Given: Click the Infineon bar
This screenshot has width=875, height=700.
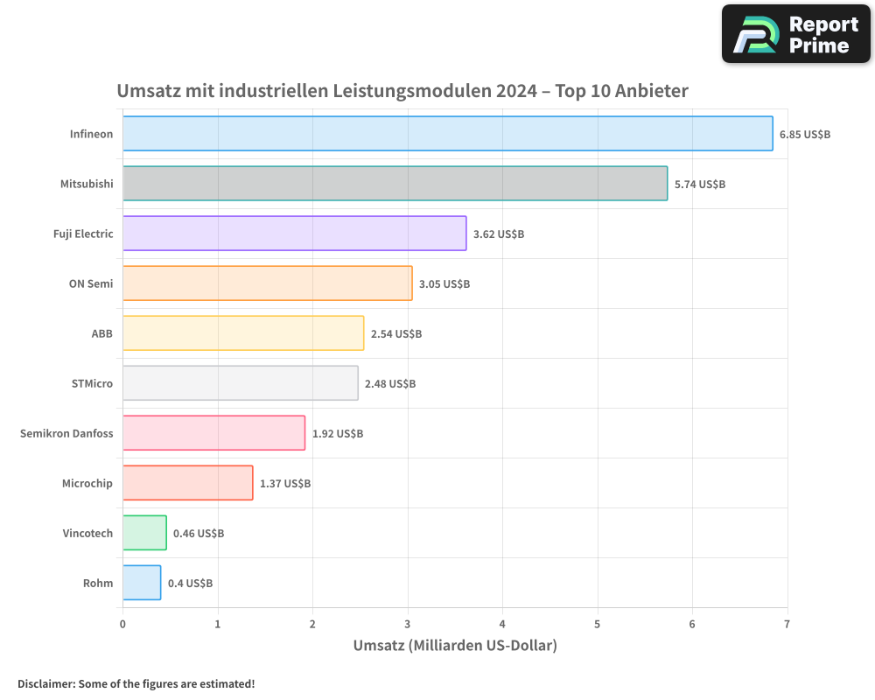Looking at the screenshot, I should pos(447,134).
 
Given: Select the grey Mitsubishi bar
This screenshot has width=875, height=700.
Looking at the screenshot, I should pos(395,184).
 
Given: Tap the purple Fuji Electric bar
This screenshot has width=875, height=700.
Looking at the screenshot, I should pos(294,234).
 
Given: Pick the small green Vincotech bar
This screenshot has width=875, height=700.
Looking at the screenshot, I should pos(144,533).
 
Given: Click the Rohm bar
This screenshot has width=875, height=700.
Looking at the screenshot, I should pos(142,583).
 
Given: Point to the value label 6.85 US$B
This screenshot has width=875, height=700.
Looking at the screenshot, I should pos(805,135).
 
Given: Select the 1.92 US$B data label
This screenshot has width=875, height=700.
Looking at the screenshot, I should pos(338,434).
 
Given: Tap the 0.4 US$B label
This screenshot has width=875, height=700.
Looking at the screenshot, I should pos(191,584).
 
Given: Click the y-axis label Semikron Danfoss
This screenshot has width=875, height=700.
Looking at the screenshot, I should pos(66,433).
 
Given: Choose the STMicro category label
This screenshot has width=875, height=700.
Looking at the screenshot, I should pos(92,383).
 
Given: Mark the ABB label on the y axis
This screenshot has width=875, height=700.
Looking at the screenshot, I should pos(102,333).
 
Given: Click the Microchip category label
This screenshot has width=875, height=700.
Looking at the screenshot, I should pos(87,483).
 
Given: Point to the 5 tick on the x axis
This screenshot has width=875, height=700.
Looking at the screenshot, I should pos(598,624).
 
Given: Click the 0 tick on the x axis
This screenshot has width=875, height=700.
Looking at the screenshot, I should pos(122,624).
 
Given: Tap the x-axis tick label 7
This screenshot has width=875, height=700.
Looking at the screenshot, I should pos(787,624).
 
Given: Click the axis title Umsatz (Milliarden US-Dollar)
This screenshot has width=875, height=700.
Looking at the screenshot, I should pos(455,646).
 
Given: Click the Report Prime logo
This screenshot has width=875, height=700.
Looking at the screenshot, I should pos(796,34).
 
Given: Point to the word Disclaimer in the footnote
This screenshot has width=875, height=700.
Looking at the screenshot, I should pos(45,684).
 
